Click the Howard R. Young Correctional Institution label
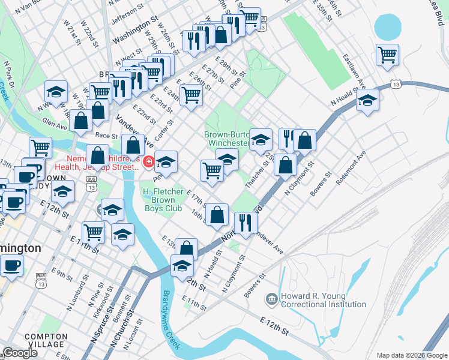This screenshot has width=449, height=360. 324,300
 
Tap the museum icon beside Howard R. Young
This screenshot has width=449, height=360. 272,298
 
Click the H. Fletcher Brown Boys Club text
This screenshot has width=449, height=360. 161,200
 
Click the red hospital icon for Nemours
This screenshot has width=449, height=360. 148,161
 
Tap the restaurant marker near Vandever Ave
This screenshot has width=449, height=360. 246,223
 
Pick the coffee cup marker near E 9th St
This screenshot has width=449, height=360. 11,265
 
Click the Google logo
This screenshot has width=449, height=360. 20,353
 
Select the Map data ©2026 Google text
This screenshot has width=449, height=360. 411,355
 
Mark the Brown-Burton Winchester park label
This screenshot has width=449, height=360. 226,139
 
